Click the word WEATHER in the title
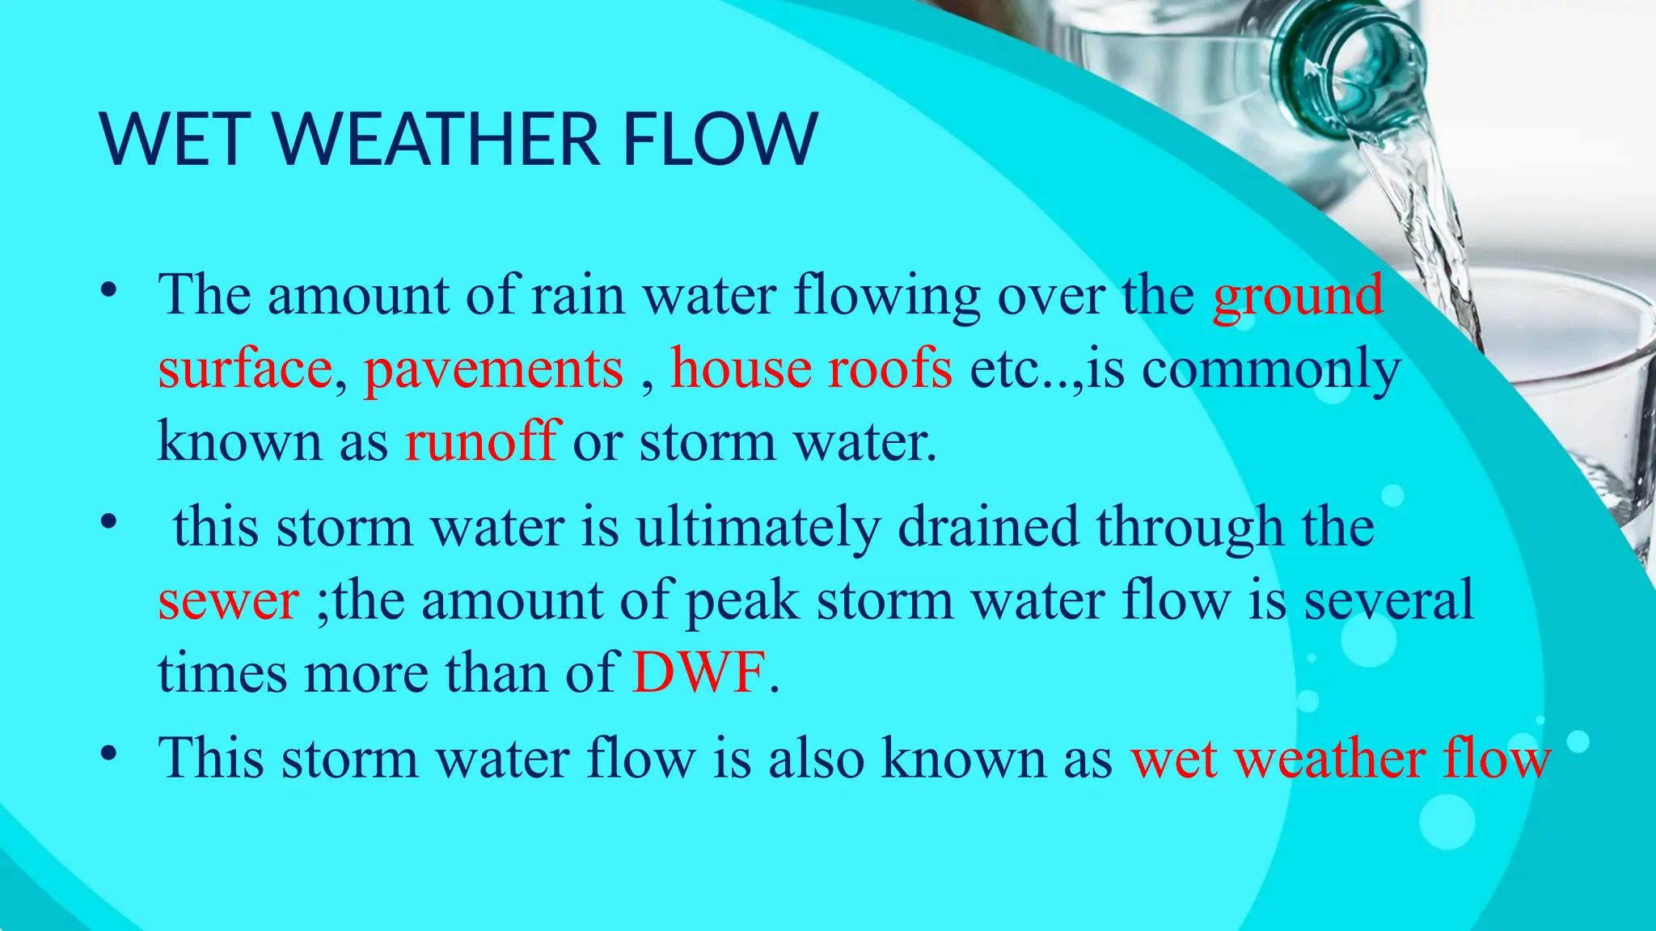[437, 139]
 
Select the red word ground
[1297, 296]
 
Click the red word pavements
[493, 369]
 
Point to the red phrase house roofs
[811, 369]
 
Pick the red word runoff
[482, 442]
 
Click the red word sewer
[229, 601]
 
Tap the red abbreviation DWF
[699, 672]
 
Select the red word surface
[245, 369]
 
